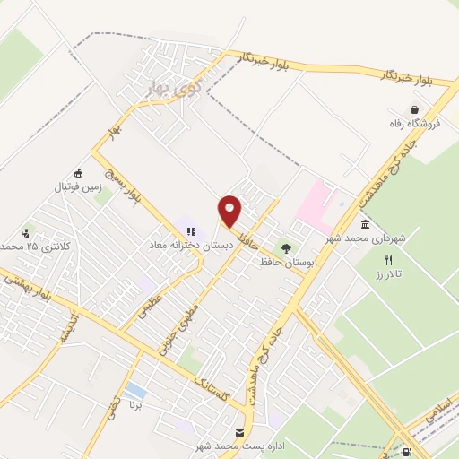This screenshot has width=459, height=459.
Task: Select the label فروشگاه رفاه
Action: (x=414, y=124)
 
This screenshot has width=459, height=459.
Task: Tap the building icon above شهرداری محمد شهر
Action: (x=366, y=224)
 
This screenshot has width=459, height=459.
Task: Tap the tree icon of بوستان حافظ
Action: (x=286, y=248)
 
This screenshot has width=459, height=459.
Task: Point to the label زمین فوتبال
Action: (x=79, y=188)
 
